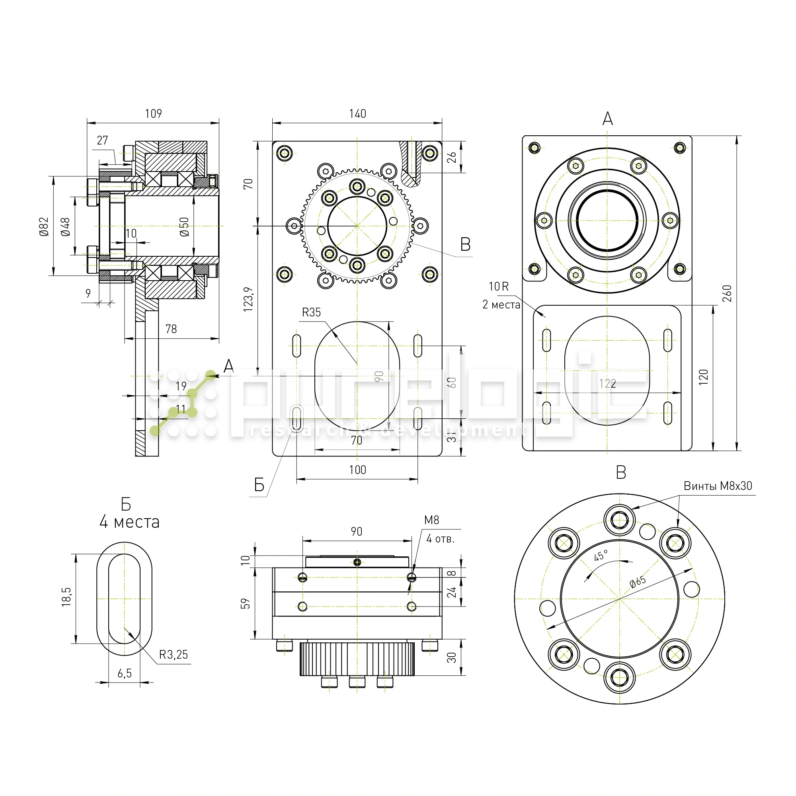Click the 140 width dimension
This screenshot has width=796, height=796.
pos(357,114)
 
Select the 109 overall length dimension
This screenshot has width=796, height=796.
pos(153,113)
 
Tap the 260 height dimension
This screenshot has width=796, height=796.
pos(727,293)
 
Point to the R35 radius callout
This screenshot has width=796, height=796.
pos(311,312)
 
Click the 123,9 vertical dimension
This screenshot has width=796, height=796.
pos(248,299)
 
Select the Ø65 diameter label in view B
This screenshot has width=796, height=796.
pos(637,582)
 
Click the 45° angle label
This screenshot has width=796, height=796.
pos(601,556)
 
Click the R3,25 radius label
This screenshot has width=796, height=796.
pos(174,655)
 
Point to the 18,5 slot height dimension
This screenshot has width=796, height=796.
pos(66,597)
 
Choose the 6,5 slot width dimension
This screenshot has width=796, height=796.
pos(125,673)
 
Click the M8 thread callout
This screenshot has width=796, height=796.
pos(431,520)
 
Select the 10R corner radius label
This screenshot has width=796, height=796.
pos(499,286)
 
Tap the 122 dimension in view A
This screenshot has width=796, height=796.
pos(607,384)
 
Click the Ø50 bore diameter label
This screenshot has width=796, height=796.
pos(184,226)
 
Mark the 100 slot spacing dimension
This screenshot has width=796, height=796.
pos(357,470)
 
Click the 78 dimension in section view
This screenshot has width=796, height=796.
pos(171,329)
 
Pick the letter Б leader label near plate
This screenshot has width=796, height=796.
pos(259,485)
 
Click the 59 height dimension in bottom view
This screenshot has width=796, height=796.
pos(245,604)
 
